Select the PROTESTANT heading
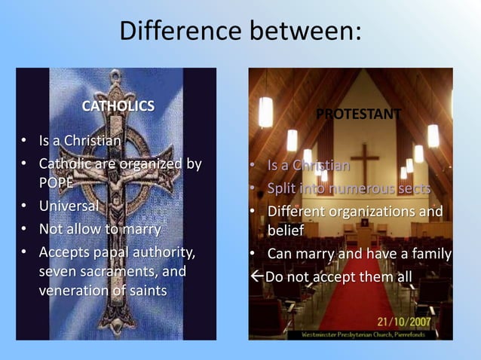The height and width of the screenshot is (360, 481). point(358,114)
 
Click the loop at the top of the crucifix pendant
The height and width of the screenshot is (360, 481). point(115,76)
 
